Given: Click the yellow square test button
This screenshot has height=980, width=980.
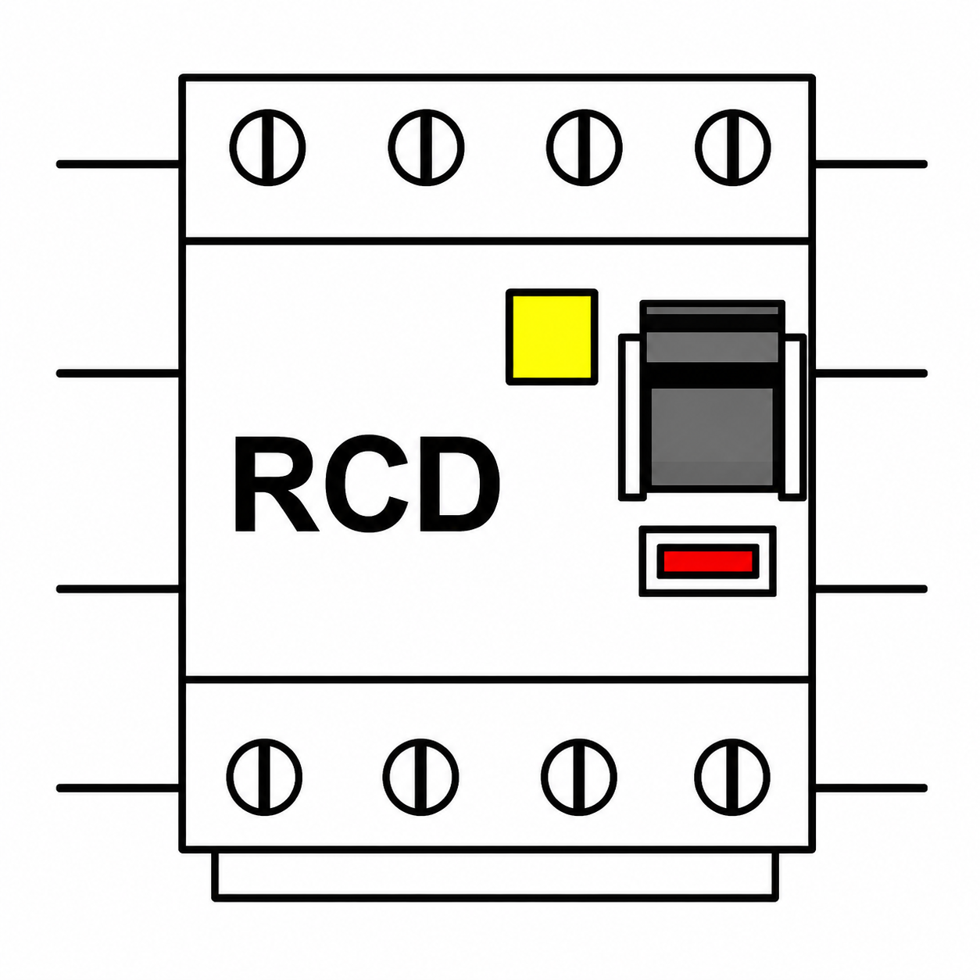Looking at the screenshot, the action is pos(551,337).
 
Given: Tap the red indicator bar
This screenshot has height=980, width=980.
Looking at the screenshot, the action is pos(708,561).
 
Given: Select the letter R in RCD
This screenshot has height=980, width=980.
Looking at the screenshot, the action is pos(277,484).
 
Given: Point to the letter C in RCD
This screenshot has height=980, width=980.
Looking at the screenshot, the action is pos(367,484).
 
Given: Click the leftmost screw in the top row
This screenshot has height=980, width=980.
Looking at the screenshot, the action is pos(267,148).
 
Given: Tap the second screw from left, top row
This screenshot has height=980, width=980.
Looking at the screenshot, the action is pos(426,148).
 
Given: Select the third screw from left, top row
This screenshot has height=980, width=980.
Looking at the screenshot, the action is pos(585,148).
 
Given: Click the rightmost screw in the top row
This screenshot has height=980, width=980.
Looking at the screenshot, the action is pos(733,148).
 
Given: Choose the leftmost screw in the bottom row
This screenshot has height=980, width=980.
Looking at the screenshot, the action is pos(264,778).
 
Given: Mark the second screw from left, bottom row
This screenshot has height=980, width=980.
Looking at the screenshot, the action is pos(421,778).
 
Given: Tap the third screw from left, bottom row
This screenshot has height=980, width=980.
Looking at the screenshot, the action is pos(579,778).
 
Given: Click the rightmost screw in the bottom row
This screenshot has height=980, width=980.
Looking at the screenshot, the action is pos(732,778).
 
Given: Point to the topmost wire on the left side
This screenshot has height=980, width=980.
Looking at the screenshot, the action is pos(119,164).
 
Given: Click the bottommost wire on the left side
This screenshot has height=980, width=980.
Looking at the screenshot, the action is pos(119,789).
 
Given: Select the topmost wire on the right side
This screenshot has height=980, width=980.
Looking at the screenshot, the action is pos(870,164).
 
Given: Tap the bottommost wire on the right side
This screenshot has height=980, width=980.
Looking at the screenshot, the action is pos(870,789).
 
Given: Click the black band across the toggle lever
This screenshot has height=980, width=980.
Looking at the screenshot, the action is pos(712,375).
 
